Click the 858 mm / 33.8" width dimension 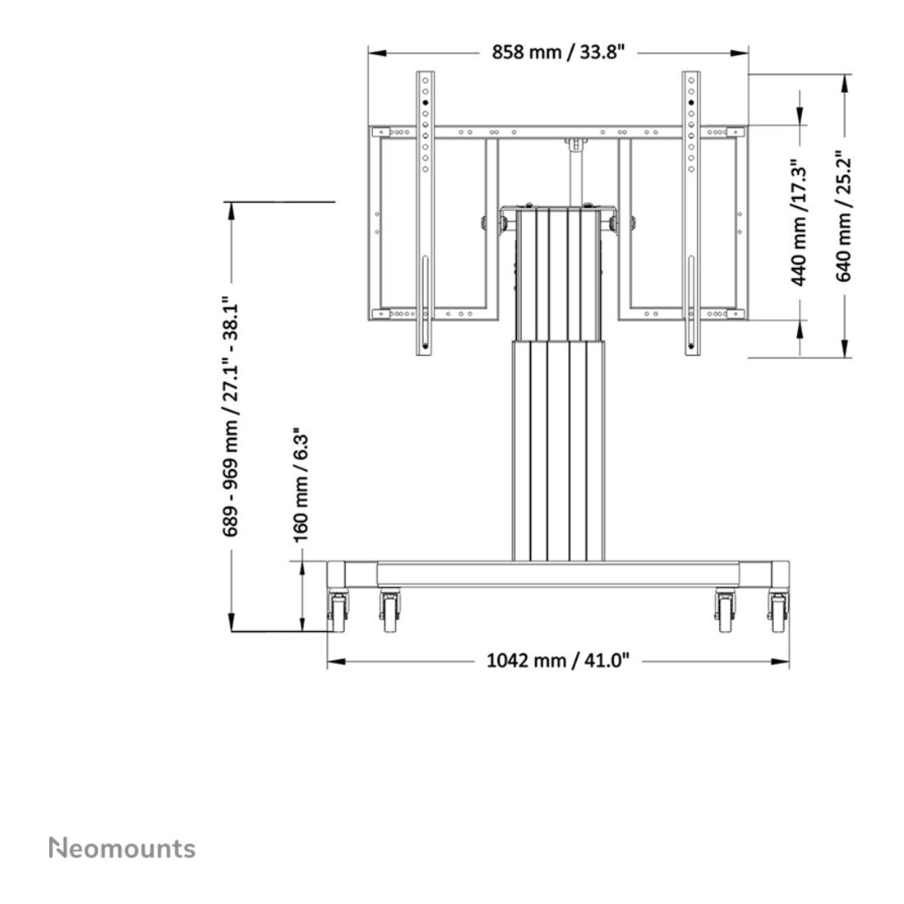[x=558, y=53]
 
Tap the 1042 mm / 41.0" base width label [x=558, y=660]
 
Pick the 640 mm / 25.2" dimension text [x=844, y=215]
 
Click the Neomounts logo [x=122, y=848]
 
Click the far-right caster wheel [x=777, y=612]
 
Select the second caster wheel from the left [x=389, y=612]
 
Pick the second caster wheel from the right [x=725, y=612]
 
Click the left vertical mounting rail [x=424, y=214]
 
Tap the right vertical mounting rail [x=690, y=214]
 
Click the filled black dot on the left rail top [x=424, y=103]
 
